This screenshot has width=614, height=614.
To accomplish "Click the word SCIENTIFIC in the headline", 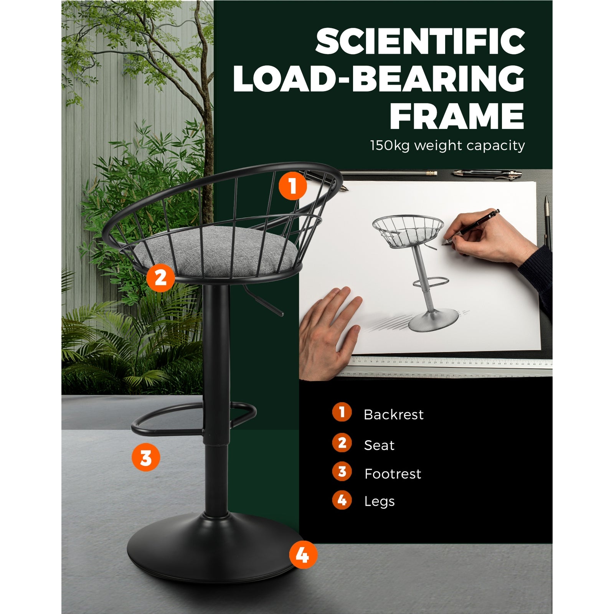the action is tap(420, 41).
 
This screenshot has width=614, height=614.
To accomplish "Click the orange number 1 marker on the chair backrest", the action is tap(293, 186).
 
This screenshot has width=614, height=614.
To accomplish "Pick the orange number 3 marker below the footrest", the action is tap(146, 457).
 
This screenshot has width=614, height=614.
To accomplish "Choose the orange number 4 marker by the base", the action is tap(303, 555).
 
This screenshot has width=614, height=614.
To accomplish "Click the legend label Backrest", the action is tap(393, 414).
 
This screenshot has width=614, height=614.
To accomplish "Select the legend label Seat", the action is tap(379, 445).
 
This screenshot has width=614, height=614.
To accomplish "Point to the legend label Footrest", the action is tap(393, 474).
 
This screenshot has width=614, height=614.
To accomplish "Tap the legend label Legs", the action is tap(379, 502).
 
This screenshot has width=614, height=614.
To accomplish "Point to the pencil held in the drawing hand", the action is tap(472, 226).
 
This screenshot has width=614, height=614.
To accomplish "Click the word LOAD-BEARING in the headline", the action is tap(378, 79).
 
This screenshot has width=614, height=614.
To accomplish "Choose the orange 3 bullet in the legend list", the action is tap(342, 472).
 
